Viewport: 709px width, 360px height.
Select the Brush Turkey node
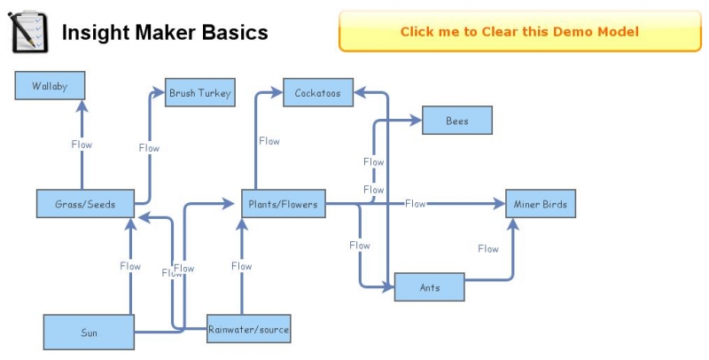point(200,92)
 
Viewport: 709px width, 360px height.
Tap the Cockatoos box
point(318,92)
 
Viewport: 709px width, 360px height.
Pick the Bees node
point(456,121)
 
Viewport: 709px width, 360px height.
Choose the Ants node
point(429,287)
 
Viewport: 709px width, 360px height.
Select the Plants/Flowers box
point(281,204)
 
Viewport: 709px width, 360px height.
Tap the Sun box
point(89,333)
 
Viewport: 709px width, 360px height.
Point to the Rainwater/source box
point(248,330)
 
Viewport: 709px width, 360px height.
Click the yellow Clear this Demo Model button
point(519,31)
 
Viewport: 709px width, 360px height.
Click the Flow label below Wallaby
point(82,144)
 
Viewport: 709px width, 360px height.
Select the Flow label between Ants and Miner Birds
point(488,249)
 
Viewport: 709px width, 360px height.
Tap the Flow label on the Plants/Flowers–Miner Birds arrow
point(416,204)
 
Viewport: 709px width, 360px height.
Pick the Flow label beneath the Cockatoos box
point(269,141)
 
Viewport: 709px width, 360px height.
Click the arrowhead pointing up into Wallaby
point(82,106)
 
